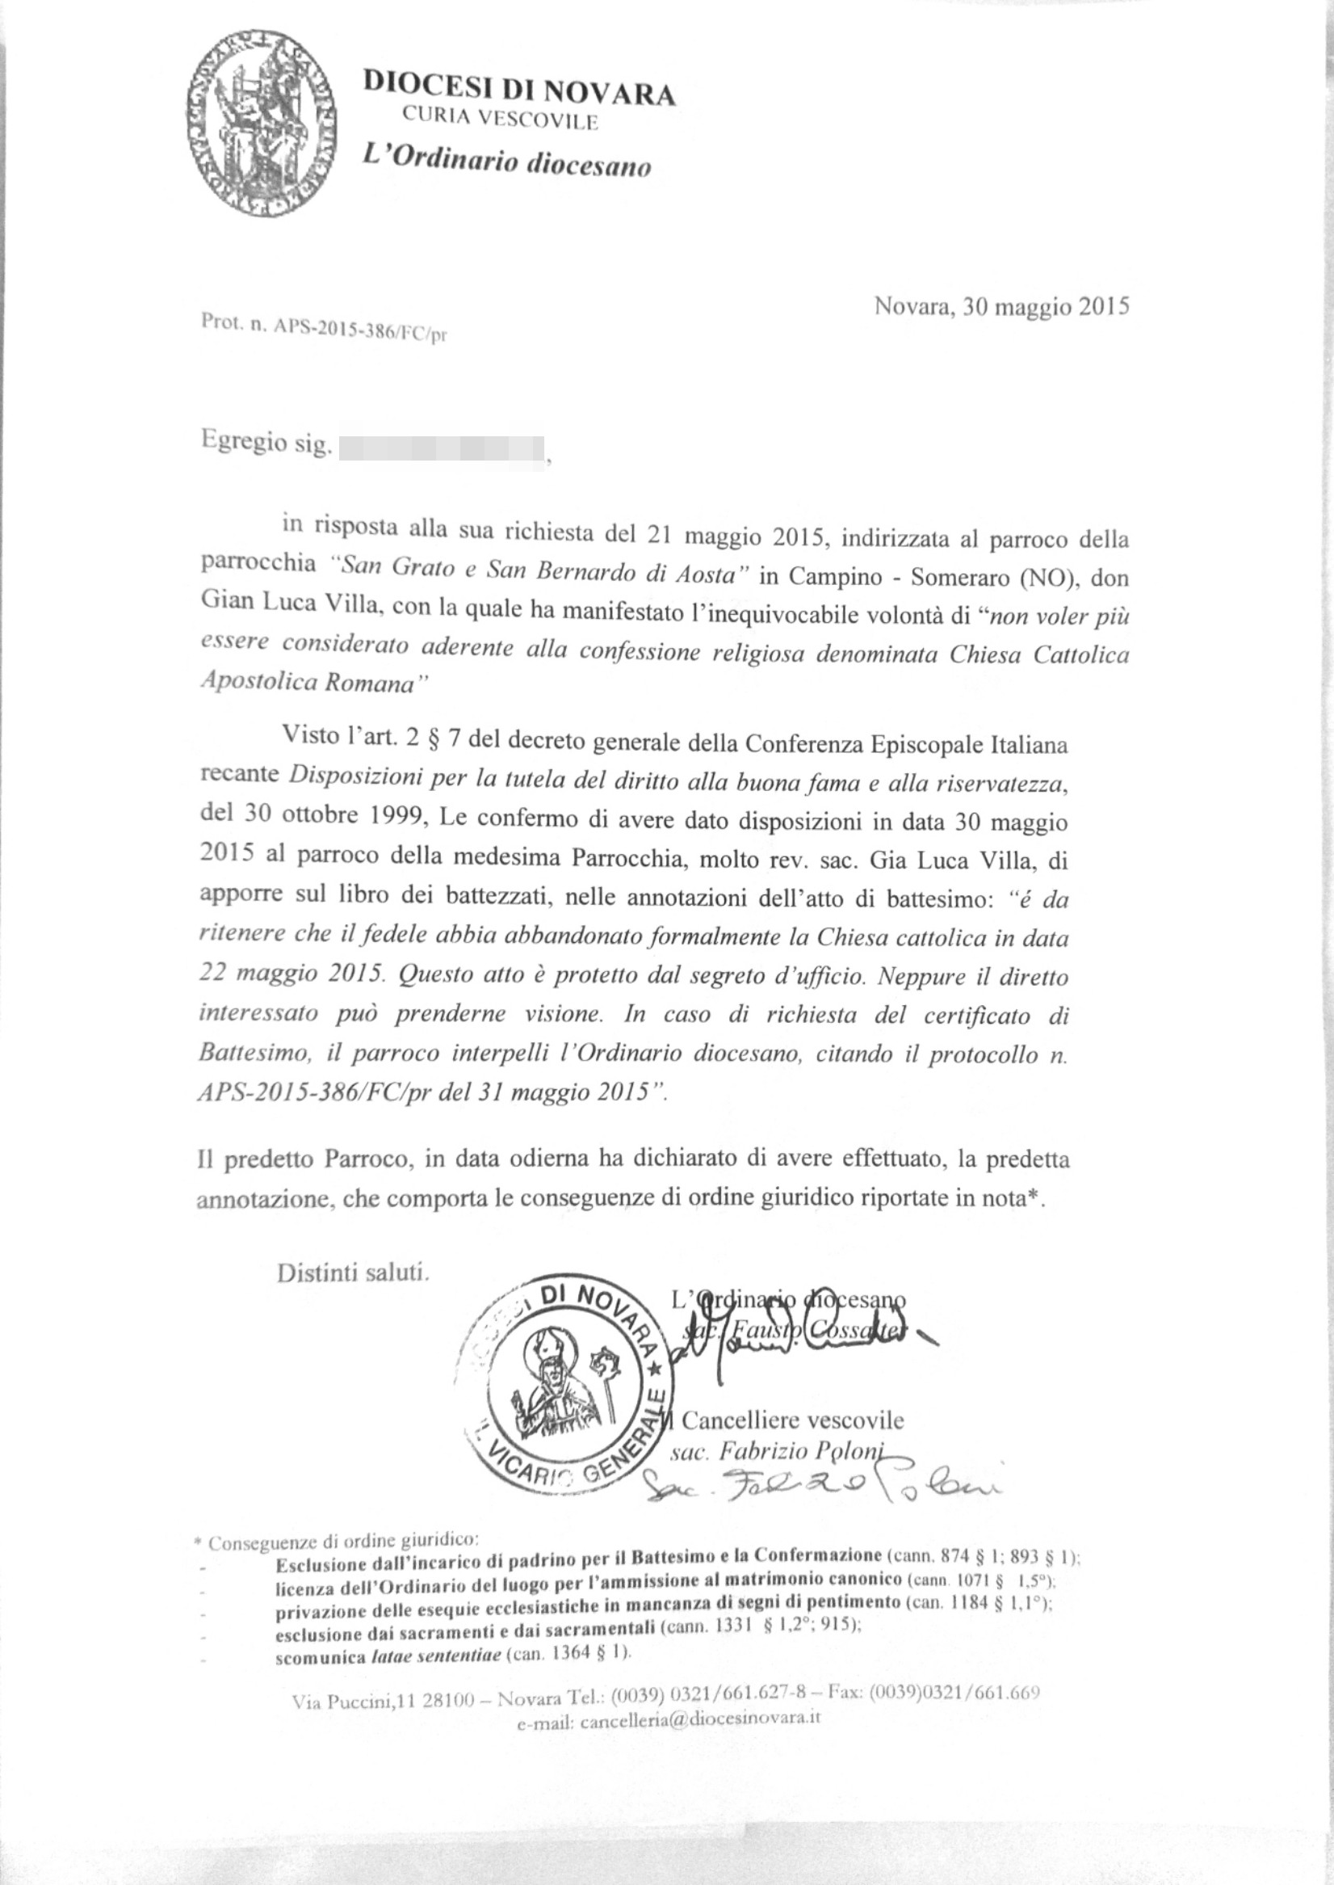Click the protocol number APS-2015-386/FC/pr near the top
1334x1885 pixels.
360,328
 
